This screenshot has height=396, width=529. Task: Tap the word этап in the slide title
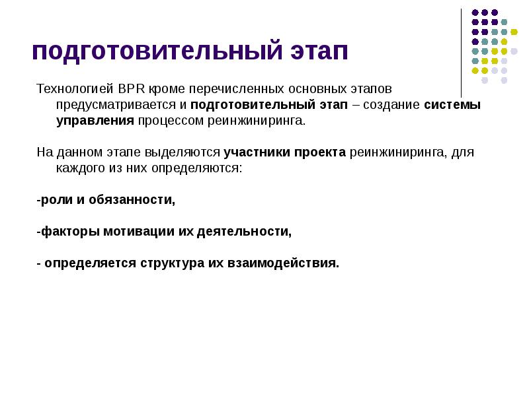pyautogui.click(x=316, y=51)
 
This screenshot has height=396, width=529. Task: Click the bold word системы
pyautogui.click(x=452, y=105)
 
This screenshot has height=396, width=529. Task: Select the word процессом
pyautogui.click(x=167, y=121)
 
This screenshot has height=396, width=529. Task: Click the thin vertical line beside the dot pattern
pyautogui.click(x=461, y=53)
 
